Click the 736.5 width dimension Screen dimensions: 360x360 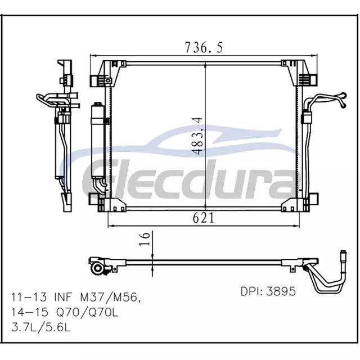pos(204,48)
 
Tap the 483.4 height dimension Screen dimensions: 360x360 pos(197,136)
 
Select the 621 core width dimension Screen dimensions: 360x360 pos(204,218)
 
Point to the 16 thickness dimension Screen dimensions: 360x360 pos(145,239)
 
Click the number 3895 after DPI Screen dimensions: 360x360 pos(281,291)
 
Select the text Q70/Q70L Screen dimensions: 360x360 pos(87,312)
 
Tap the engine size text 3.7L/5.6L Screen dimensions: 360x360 pos(41,327)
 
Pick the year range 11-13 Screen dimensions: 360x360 pos(29,298)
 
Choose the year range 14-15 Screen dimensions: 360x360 pos(30,312)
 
